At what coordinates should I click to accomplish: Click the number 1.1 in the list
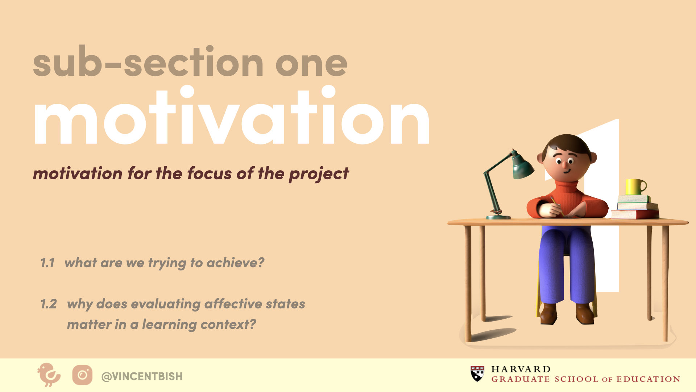tap(47, 263)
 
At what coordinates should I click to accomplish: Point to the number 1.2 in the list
tap(48, 304)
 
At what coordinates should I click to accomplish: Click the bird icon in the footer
tap(49, 375)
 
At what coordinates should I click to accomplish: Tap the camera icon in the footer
tap(82, 375)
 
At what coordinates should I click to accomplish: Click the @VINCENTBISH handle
tap(142, 376)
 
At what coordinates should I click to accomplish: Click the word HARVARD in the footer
tap(521, 369)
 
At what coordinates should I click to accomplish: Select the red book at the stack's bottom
tap(634, 214)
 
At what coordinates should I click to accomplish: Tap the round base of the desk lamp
tap(498, 217)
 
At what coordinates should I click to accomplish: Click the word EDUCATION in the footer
tap(649, 379)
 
